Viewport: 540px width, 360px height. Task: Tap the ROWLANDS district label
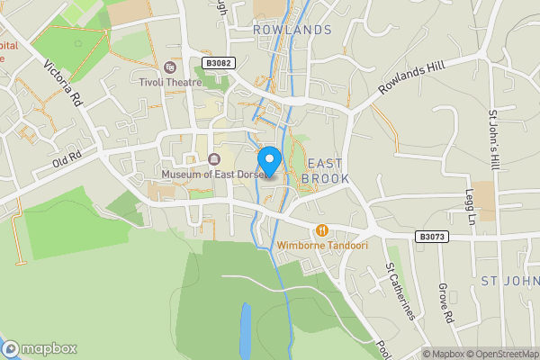click(292, 30)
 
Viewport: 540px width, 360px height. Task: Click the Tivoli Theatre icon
click(169, 67)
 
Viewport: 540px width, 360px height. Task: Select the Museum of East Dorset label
click(212, 173)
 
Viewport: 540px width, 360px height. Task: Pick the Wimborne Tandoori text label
click(322, 245)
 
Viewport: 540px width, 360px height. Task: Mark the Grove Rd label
click(445, 304)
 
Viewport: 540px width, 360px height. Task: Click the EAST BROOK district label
click(323, 171)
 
